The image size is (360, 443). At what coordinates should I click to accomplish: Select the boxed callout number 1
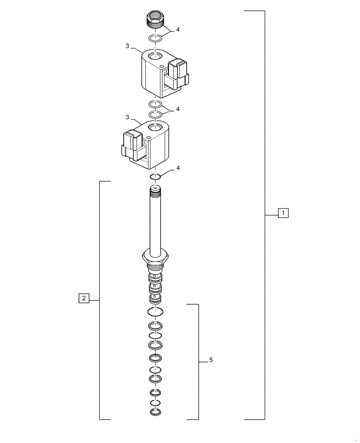(x=283, y=213)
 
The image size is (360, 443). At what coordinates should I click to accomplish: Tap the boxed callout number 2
(x=84, y=298)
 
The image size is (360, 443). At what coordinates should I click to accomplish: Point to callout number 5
(x=211, y=361)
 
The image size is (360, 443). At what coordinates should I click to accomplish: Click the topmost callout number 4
(x=178, y=30)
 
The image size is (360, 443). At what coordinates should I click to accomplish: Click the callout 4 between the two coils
(x=178, y=109)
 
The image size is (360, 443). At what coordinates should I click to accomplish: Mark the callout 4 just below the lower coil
(x=178, y=168)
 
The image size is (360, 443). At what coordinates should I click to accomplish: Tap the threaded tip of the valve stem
(x=155, y=190)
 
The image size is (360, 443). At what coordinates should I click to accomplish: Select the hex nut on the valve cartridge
(x=155, y=256)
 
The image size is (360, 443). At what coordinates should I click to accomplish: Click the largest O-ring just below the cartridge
(x=155, y=312)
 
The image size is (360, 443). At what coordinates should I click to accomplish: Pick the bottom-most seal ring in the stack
(x=155, y=413)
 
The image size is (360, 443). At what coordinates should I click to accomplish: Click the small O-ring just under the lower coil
(x=155, y=178)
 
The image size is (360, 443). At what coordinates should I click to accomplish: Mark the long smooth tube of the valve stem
(x=155, y=221)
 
